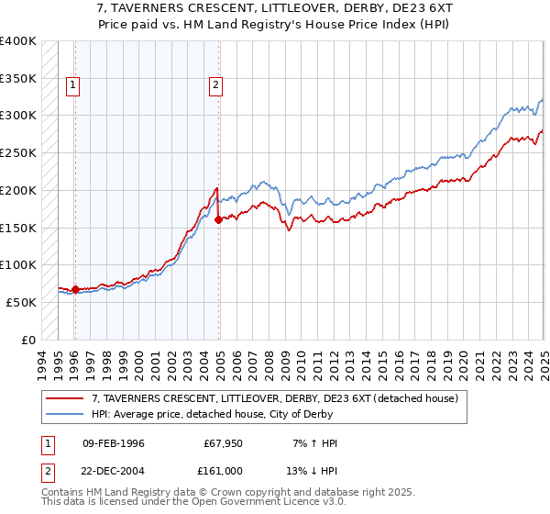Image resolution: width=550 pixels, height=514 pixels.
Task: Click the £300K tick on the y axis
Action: [x=18, y=116]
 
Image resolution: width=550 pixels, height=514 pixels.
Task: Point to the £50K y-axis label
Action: [x=18, y=302]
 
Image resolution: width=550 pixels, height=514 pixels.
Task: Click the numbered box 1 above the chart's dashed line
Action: [x=73, y=86]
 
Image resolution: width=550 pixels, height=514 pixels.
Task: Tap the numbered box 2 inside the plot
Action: [x=215, y=86]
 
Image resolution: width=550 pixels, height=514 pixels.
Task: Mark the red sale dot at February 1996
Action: [x=75, y=289]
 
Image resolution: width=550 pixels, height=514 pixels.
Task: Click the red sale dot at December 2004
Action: [x=218, y=219]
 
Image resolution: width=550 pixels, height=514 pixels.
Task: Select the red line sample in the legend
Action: [x=66, y=398]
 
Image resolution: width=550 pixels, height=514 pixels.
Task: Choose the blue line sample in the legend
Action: [x=66, y=414]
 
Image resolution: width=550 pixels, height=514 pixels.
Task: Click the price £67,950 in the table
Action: [x=223, y=443]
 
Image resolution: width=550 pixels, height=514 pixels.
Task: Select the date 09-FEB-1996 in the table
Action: [x=114, y=443]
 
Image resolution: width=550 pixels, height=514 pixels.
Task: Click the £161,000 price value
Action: [x=223, y=470]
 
